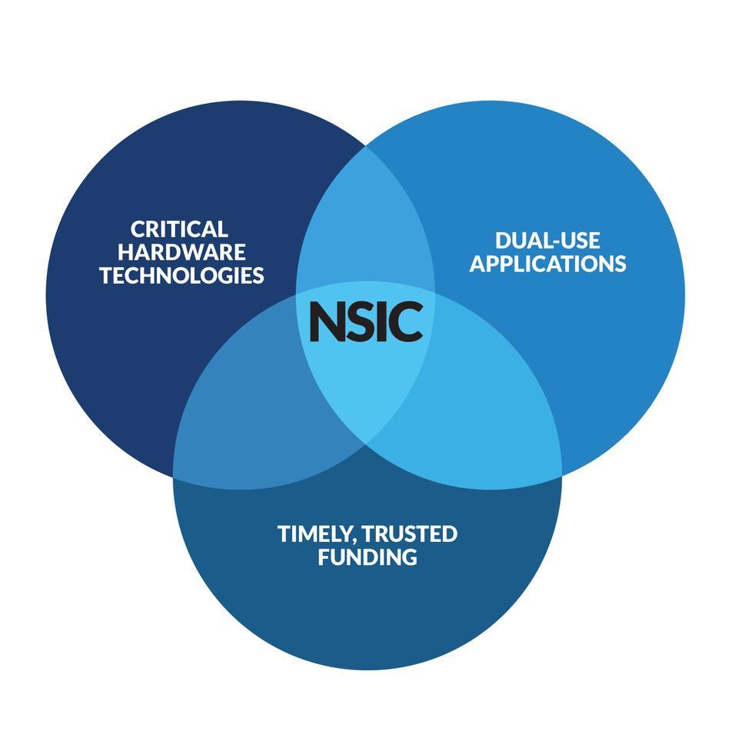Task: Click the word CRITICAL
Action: point(179,229)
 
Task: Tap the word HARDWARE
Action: point(181,252)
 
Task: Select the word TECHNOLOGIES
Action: point(181,275)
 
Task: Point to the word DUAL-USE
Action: point(547,241)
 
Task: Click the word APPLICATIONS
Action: point(547,264)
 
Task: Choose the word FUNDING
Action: point(367,557)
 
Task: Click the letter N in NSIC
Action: point(326,322)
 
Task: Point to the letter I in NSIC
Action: point(383,322)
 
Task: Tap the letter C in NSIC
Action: point(407,322)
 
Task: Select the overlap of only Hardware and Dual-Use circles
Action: point(366,231)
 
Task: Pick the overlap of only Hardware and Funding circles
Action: point(246,415)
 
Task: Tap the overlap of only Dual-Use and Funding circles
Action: point(484,415)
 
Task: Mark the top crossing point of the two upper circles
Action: point(366,145)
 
